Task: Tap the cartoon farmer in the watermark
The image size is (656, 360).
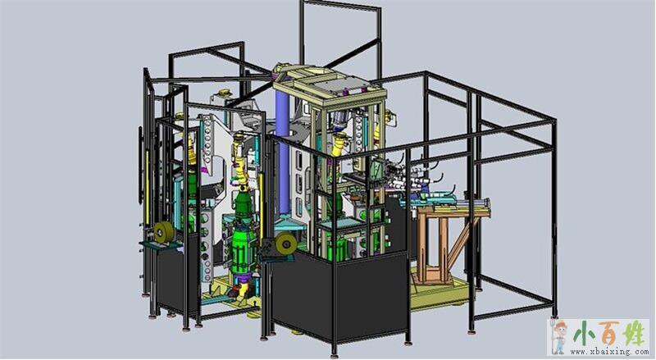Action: point(559,336)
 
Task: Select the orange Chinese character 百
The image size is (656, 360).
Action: point(608,334)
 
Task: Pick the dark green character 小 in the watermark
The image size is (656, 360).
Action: point(584,335)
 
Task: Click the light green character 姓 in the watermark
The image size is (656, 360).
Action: point(634,334)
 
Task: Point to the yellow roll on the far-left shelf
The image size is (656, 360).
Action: point(164,232)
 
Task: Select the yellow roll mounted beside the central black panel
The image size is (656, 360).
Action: point(285,244)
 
